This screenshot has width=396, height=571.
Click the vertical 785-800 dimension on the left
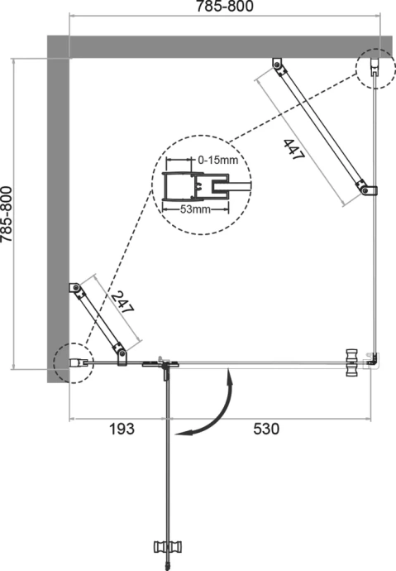7,213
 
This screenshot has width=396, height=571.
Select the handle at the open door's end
167,548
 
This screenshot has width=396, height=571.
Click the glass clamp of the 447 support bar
367,191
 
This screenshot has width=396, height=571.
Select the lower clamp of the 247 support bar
122,356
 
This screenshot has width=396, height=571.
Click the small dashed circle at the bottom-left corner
69,362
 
